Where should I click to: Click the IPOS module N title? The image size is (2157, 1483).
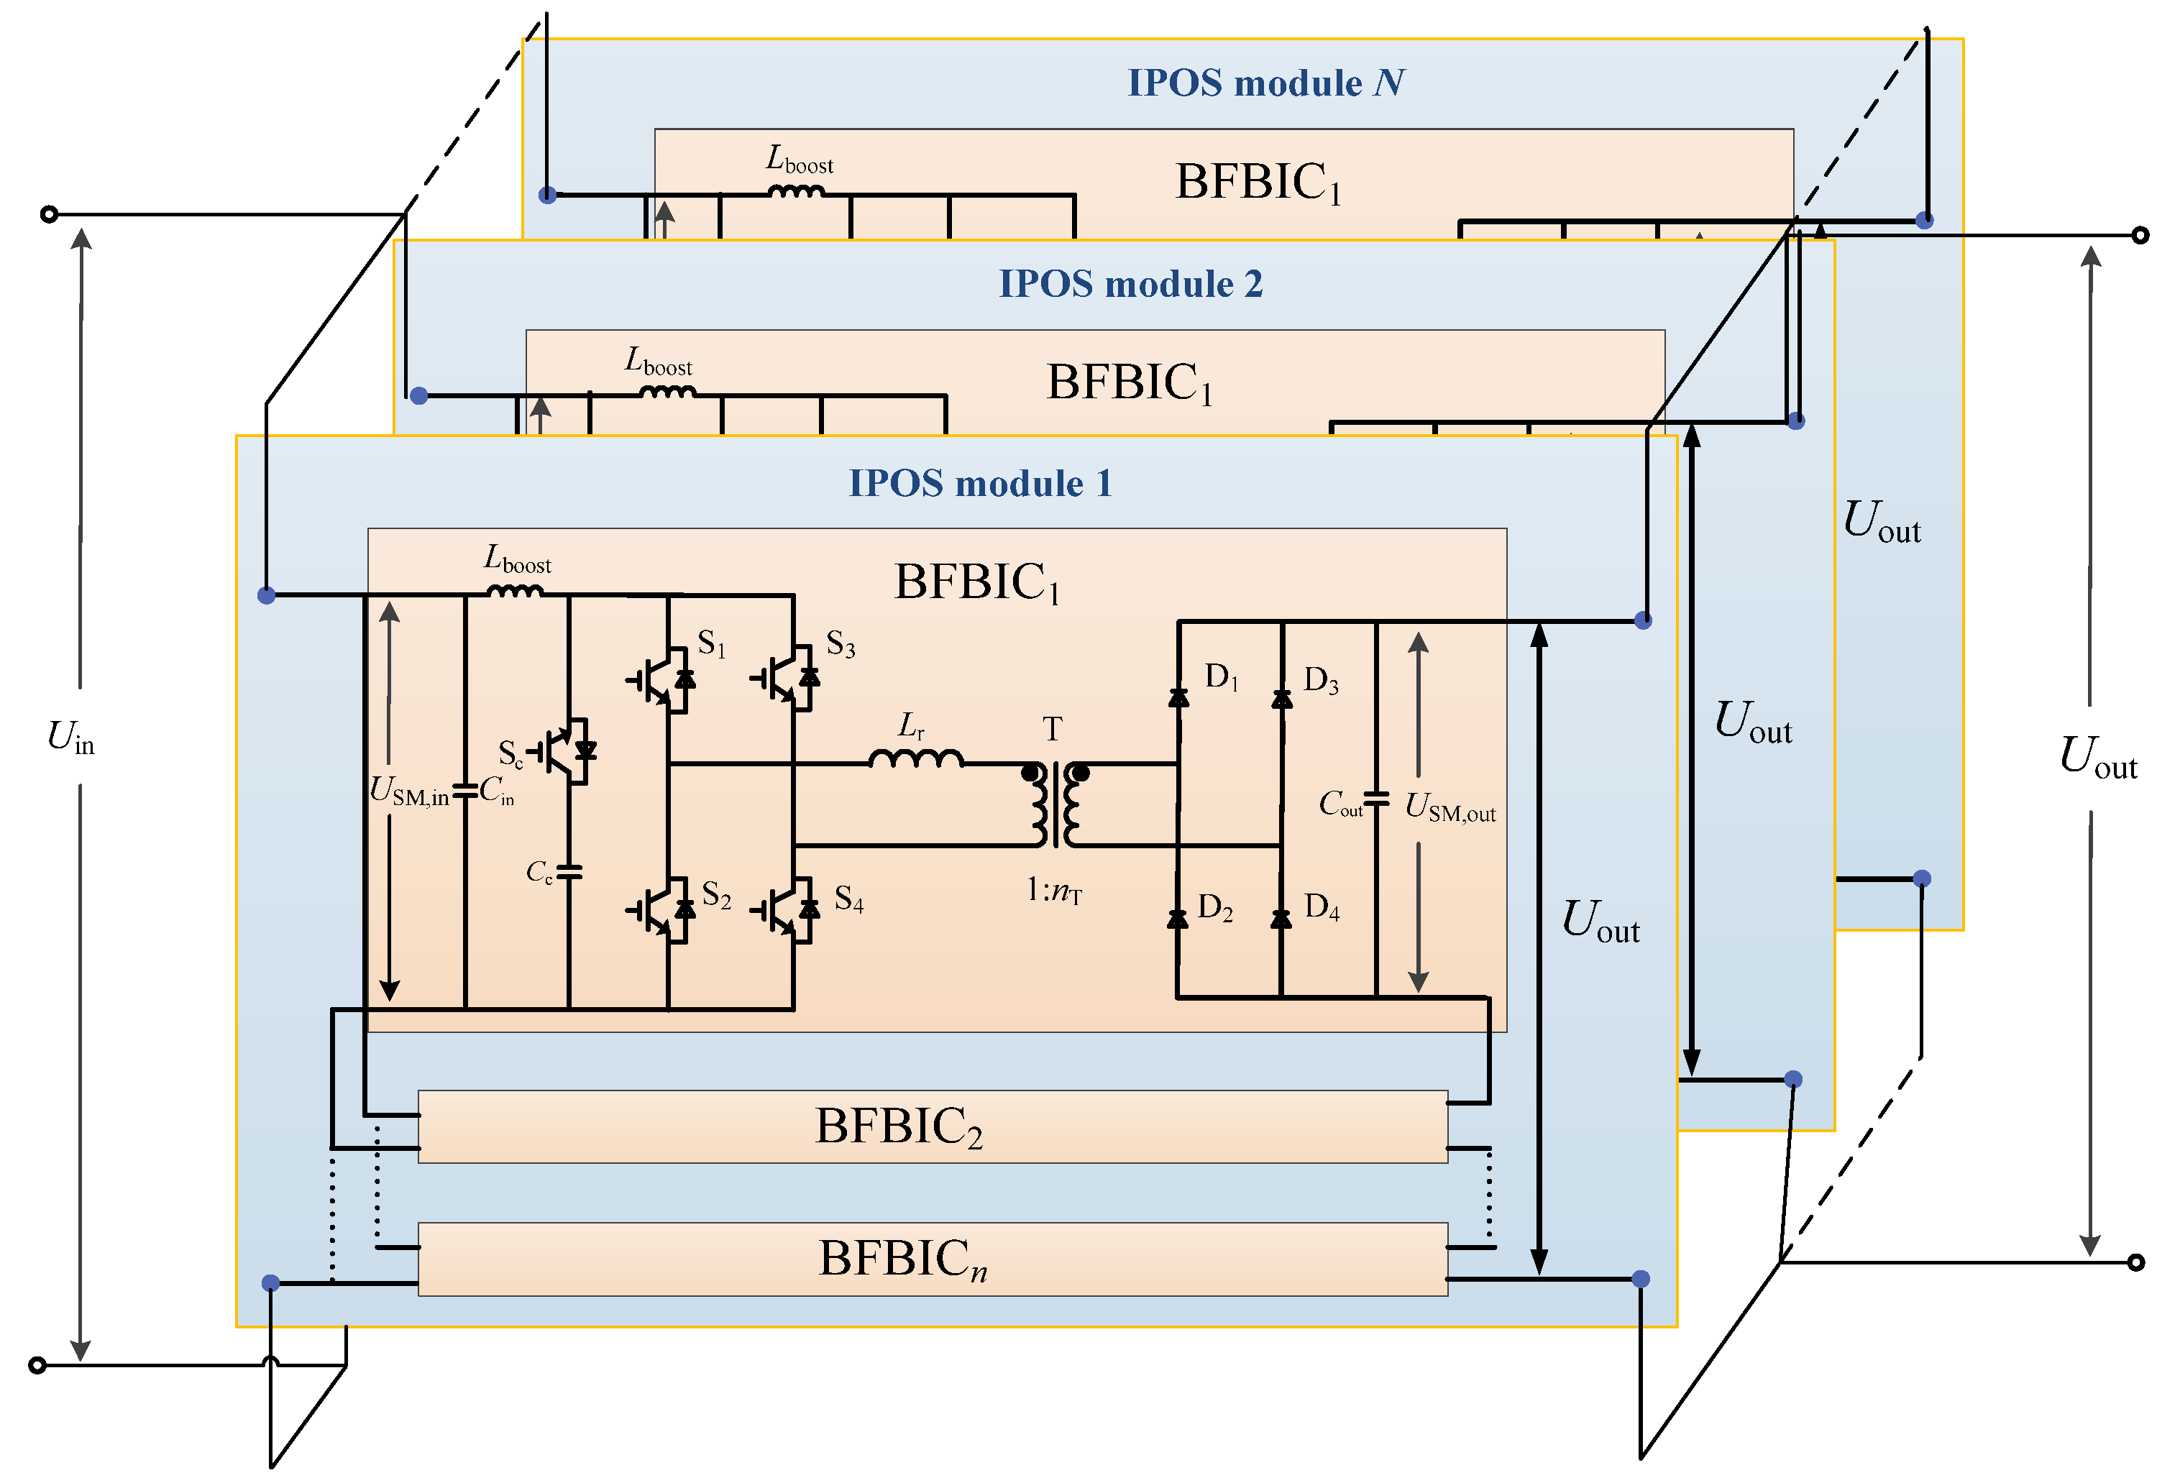click(1265, 83)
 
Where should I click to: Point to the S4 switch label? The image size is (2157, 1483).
click(848, 899)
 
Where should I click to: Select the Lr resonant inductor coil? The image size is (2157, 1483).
click(915, 760)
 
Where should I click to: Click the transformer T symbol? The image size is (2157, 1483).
click(1055, 804)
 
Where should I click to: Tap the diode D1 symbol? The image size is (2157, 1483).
click(1178, 697)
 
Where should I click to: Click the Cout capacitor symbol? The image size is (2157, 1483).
click(1375, 799)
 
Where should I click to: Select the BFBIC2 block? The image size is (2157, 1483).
click(932, 1126)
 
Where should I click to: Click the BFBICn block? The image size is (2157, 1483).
click(932, 1259)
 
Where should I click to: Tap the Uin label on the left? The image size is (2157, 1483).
click(70, 738)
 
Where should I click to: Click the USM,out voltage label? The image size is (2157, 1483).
click(1449, 807)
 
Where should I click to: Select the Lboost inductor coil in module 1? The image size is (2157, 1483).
click(515, 591)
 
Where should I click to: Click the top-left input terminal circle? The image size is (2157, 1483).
click(50, 215)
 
